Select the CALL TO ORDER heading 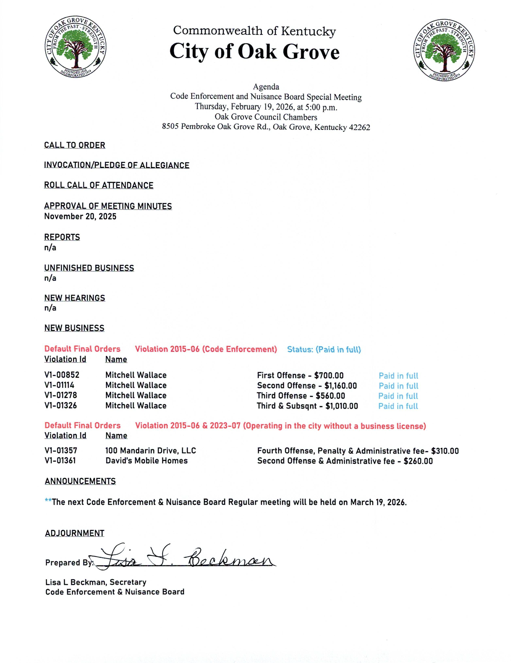[75, 145]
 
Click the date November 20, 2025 [80, 217]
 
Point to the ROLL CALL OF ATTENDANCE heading [99, 185]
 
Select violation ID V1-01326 [61, 406]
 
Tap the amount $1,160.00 [341, 386]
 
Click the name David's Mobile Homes [146, 461]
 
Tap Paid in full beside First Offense [398, 376]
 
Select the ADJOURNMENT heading [75, 533]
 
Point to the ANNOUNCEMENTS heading [80, 481]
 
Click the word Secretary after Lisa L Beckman [128, 582]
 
